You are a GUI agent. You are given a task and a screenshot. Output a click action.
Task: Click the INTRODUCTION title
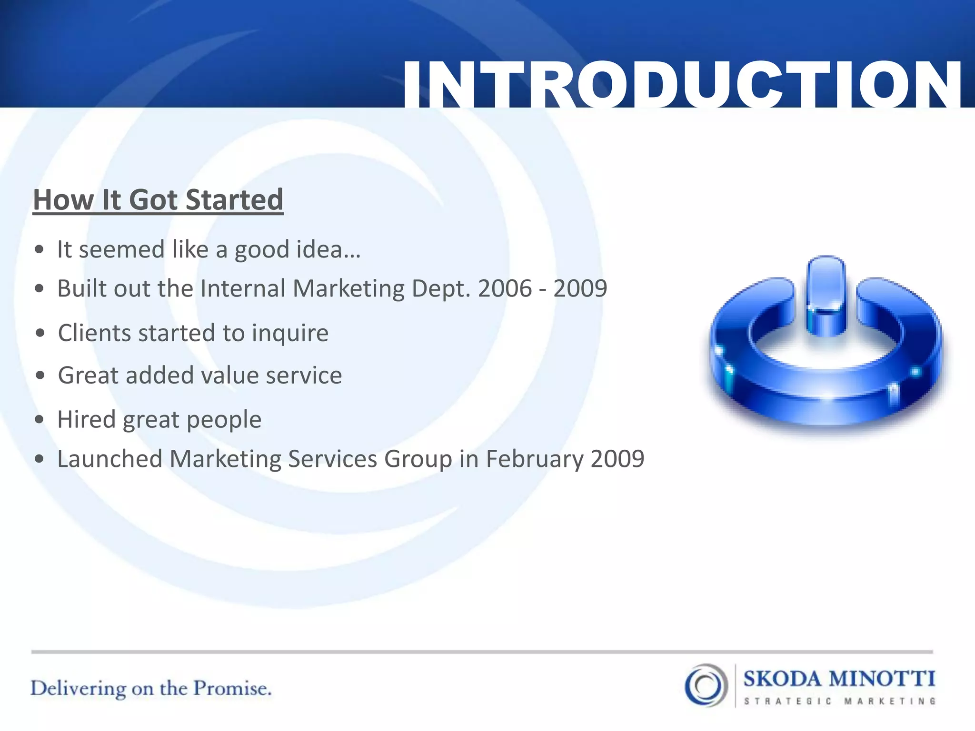(x=682, y=85)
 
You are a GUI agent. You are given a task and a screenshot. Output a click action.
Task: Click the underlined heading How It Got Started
(x=158, y=200)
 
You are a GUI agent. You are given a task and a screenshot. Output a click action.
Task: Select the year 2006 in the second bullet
(x=505, y=288)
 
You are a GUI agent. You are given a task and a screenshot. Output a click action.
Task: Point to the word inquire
(x=290, y=333)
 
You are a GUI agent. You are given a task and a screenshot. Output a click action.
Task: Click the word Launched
(x=110, y=459)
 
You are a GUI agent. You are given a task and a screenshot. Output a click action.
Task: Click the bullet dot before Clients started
(x=40, y=333)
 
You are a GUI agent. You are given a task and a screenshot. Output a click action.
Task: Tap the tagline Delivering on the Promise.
(x=151, y=689)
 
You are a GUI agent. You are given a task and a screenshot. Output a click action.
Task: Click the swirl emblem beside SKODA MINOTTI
(x=706, y=685)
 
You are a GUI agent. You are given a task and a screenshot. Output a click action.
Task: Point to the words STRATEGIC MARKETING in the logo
(x=840, y=701)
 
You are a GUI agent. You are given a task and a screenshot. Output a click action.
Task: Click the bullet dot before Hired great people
(x=40, y=420)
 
